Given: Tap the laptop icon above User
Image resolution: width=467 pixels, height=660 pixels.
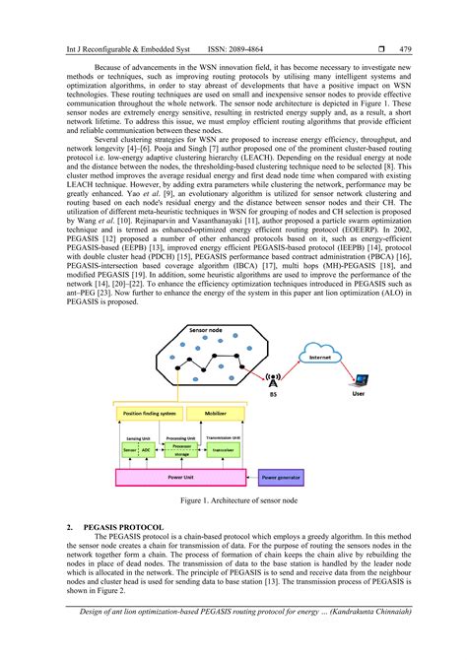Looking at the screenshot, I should click(362, 378).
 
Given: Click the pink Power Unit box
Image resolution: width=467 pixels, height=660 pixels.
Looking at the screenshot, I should click(182, 477).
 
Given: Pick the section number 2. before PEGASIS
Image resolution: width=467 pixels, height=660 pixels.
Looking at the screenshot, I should click(70, 528).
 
